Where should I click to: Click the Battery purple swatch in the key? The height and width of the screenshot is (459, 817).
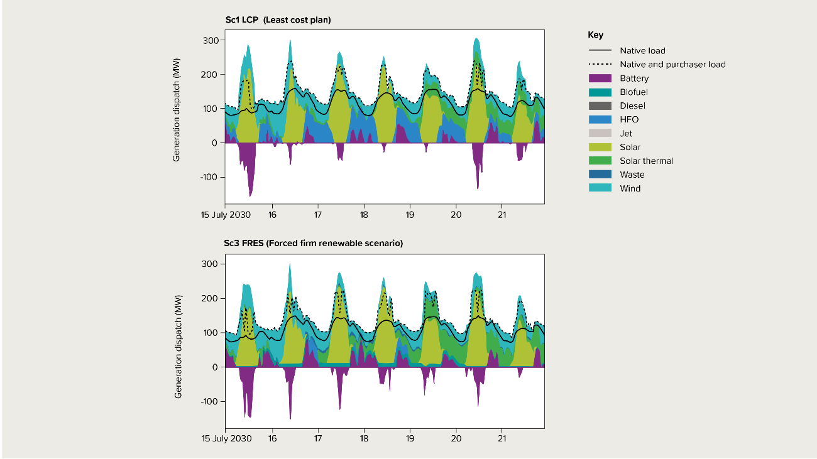point(600,78)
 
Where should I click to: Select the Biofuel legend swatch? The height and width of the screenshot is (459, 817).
point(600,92)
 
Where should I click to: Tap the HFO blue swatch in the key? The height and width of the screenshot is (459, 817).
point(600,119)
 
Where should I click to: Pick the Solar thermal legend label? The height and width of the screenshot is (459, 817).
point(646,161)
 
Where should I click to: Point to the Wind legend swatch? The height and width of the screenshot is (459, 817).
point(600,188)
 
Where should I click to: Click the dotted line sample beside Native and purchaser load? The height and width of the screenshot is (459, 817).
point(600,65)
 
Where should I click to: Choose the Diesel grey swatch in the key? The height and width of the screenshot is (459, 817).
point(600,106)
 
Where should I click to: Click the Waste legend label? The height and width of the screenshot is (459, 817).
point(632,175)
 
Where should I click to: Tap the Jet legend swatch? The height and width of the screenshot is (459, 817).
point(600,133)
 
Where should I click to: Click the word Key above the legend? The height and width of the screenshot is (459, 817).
point(595,35)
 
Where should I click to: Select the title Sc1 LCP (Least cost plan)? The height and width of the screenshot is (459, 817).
point(278,20)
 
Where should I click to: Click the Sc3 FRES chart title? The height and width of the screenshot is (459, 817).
point(314,243)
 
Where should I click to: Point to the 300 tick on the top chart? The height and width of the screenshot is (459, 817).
point(211,41)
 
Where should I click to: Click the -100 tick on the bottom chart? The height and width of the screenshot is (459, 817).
point(209,401)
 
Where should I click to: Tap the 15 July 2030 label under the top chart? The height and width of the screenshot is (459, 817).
point(226,215)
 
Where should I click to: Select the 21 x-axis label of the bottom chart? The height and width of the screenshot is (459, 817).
point(502,438)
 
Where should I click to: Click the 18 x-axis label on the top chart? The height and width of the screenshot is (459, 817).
point(364,215)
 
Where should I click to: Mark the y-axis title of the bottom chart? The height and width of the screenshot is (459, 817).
point(178,348)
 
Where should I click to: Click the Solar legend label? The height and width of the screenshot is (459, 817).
point(630,147)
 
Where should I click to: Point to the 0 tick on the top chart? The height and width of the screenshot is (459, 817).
point(215,143)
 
